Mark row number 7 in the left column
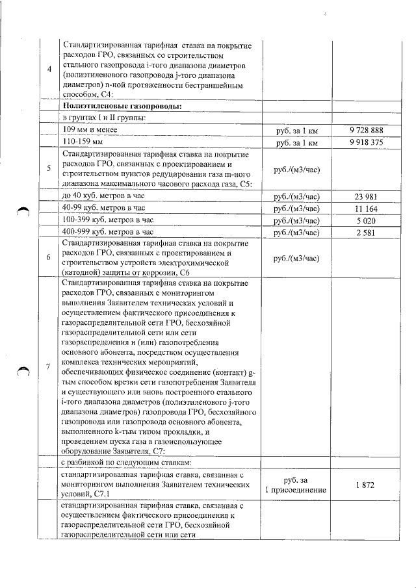coord(49,366)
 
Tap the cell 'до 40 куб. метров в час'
coord(104,197)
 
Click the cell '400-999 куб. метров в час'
coord(108,232)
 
